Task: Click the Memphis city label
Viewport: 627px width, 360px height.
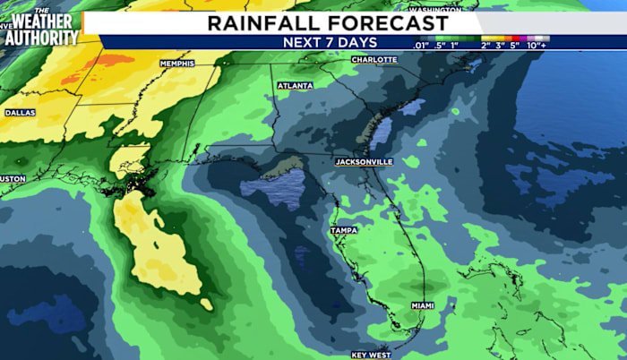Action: click(176, 64)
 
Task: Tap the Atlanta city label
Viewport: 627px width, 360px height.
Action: click(295, 86)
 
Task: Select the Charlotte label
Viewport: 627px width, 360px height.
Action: click(374, 59)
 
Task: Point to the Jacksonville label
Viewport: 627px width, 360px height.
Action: click(364, 162)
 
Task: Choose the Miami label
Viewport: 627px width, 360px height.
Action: click(422, 305)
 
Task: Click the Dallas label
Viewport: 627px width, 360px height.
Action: click(20, 113)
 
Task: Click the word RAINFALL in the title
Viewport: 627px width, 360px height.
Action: click(262, 22)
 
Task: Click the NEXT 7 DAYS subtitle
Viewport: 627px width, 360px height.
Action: click(330, 41)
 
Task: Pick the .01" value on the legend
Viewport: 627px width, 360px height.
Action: click(421, 44)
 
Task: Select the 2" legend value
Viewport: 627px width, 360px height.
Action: click(485, 44)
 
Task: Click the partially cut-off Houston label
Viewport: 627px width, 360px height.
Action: click(13, 178)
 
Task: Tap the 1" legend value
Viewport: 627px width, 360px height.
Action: click(456, 44)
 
